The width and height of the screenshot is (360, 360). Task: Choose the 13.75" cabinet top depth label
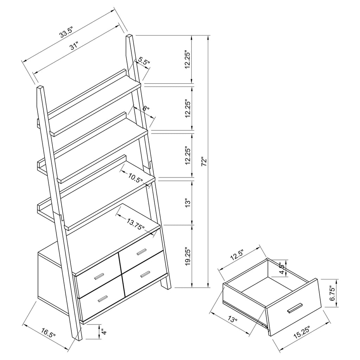pos(136,224)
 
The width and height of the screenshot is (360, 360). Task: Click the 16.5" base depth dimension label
pos(49,333)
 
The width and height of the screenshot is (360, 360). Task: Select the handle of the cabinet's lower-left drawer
pos(103,298)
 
